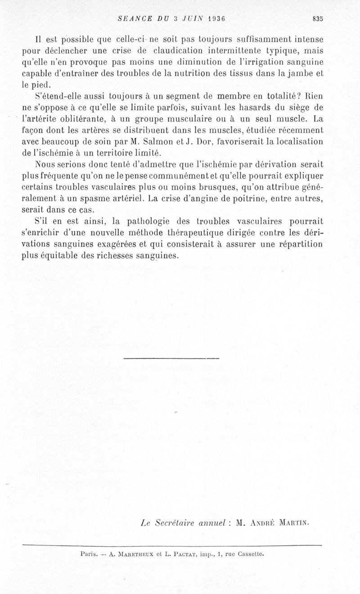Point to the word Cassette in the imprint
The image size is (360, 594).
[247, 554]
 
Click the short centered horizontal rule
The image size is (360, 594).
[171, 358]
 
